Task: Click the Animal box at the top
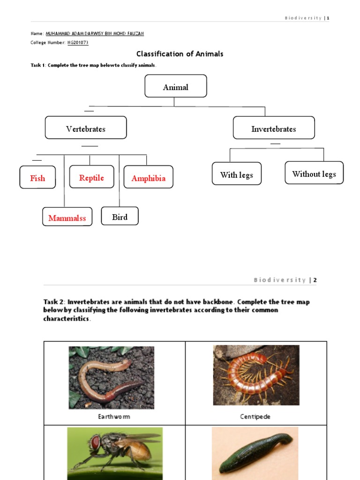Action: point(176,86)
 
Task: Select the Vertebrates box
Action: point(86,128)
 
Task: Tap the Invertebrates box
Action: point(274,128)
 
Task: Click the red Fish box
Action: point(37,178)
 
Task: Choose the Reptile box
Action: point(91,177)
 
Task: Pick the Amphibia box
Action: point(148,178)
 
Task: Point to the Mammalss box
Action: point(67,217)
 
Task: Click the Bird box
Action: point(120,217)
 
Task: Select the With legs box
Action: point(237,174)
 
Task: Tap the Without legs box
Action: point(314,173)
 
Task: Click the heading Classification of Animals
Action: point(180,54)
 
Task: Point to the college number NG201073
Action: point(78,43)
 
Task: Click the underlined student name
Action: point(94,34)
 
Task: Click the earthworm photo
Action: point(112,377)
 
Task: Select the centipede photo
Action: point(256,375)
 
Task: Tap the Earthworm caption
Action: point(114,416)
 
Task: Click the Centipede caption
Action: point(255,416)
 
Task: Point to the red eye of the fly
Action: point(95,442)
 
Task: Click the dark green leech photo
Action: point(255,452)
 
